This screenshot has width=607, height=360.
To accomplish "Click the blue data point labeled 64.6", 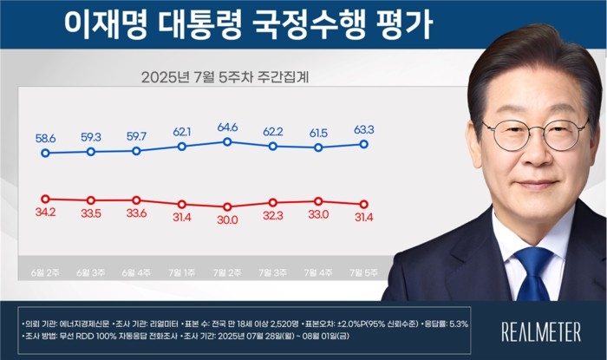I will [227, 141].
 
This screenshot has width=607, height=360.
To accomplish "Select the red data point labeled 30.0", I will [227, 207].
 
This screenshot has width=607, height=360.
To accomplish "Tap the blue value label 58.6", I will [45, 137].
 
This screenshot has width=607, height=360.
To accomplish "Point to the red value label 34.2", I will [45, 214].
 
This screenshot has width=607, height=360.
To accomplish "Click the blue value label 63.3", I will [364, 129].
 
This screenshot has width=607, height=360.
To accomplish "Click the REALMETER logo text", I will [542, 330].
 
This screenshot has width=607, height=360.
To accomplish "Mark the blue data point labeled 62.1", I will [182, 147].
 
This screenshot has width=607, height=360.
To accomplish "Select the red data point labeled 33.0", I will [318, 201].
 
